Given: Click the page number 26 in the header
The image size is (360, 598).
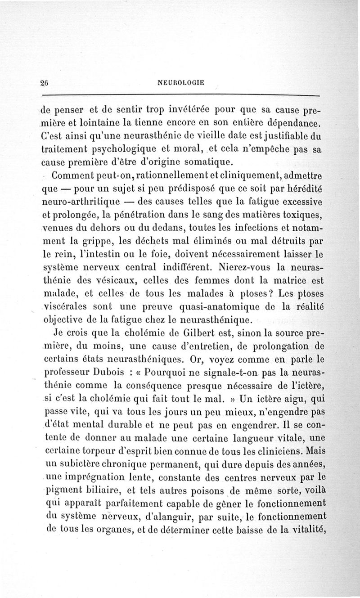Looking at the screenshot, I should click(x=44, y=82).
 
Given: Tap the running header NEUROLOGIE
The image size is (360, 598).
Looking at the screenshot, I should click(x=181, y=82).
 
